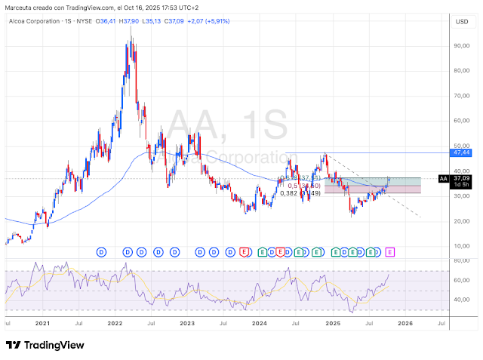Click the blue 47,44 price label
click(x=462, y=152)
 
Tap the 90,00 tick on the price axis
click(x=462, y=45)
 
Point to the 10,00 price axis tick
click(x=462, y=246)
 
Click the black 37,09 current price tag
click(x=461, y=179)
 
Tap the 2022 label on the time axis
click(x=115, y=322)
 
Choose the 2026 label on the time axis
click(x=405, y=322)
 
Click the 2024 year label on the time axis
click(x=260, y=322)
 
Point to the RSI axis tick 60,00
click(x=462, y=280)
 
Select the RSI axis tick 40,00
click(x=462, y=300)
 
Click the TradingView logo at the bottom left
click(x=45, y=345)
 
